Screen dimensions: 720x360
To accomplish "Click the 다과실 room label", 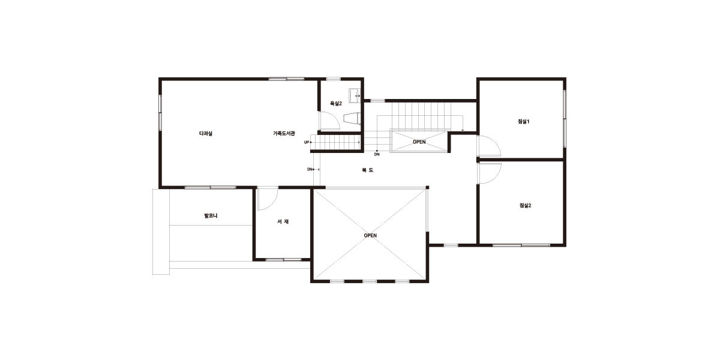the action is coord(206,133).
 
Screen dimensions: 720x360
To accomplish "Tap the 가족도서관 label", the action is coord(284,133).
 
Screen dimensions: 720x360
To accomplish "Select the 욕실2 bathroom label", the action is coord(336,103).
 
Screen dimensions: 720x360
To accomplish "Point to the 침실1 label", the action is coord(524,121).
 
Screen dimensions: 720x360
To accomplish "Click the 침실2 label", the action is coord(525,205).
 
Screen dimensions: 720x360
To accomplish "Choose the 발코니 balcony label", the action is coord(211,215).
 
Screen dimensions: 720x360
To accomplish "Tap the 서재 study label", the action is coord(283,221).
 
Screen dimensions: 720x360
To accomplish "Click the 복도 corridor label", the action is coord(367,170).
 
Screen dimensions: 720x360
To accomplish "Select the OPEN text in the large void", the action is coord(370,236).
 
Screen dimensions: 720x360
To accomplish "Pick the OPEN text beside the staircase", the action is coord(419,142).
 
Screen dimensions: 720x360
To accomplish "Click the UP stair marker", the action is coord(307,142).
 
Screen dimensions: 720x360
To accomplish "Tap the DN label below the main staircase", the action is coord(377,154).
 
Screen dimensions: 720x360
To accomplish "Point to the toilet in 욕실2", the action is coord(352,118).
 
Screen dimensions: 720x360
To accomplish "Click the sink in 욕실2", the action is coord(355,95).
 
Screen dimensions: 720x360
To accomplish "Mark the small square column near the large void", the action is coord(427,187).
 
